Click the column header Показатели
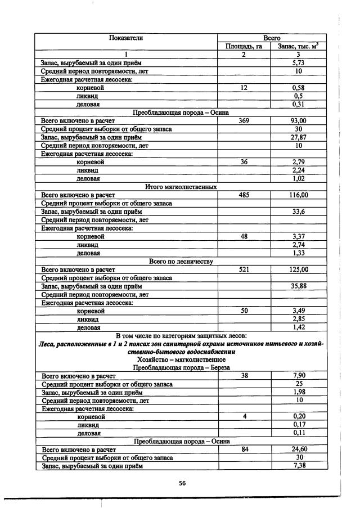(x=126, y=38)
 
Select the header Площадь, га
(x=244, y=46)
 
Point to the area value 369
(x=244, y=121)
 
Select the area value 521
(x=244, y=269)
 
